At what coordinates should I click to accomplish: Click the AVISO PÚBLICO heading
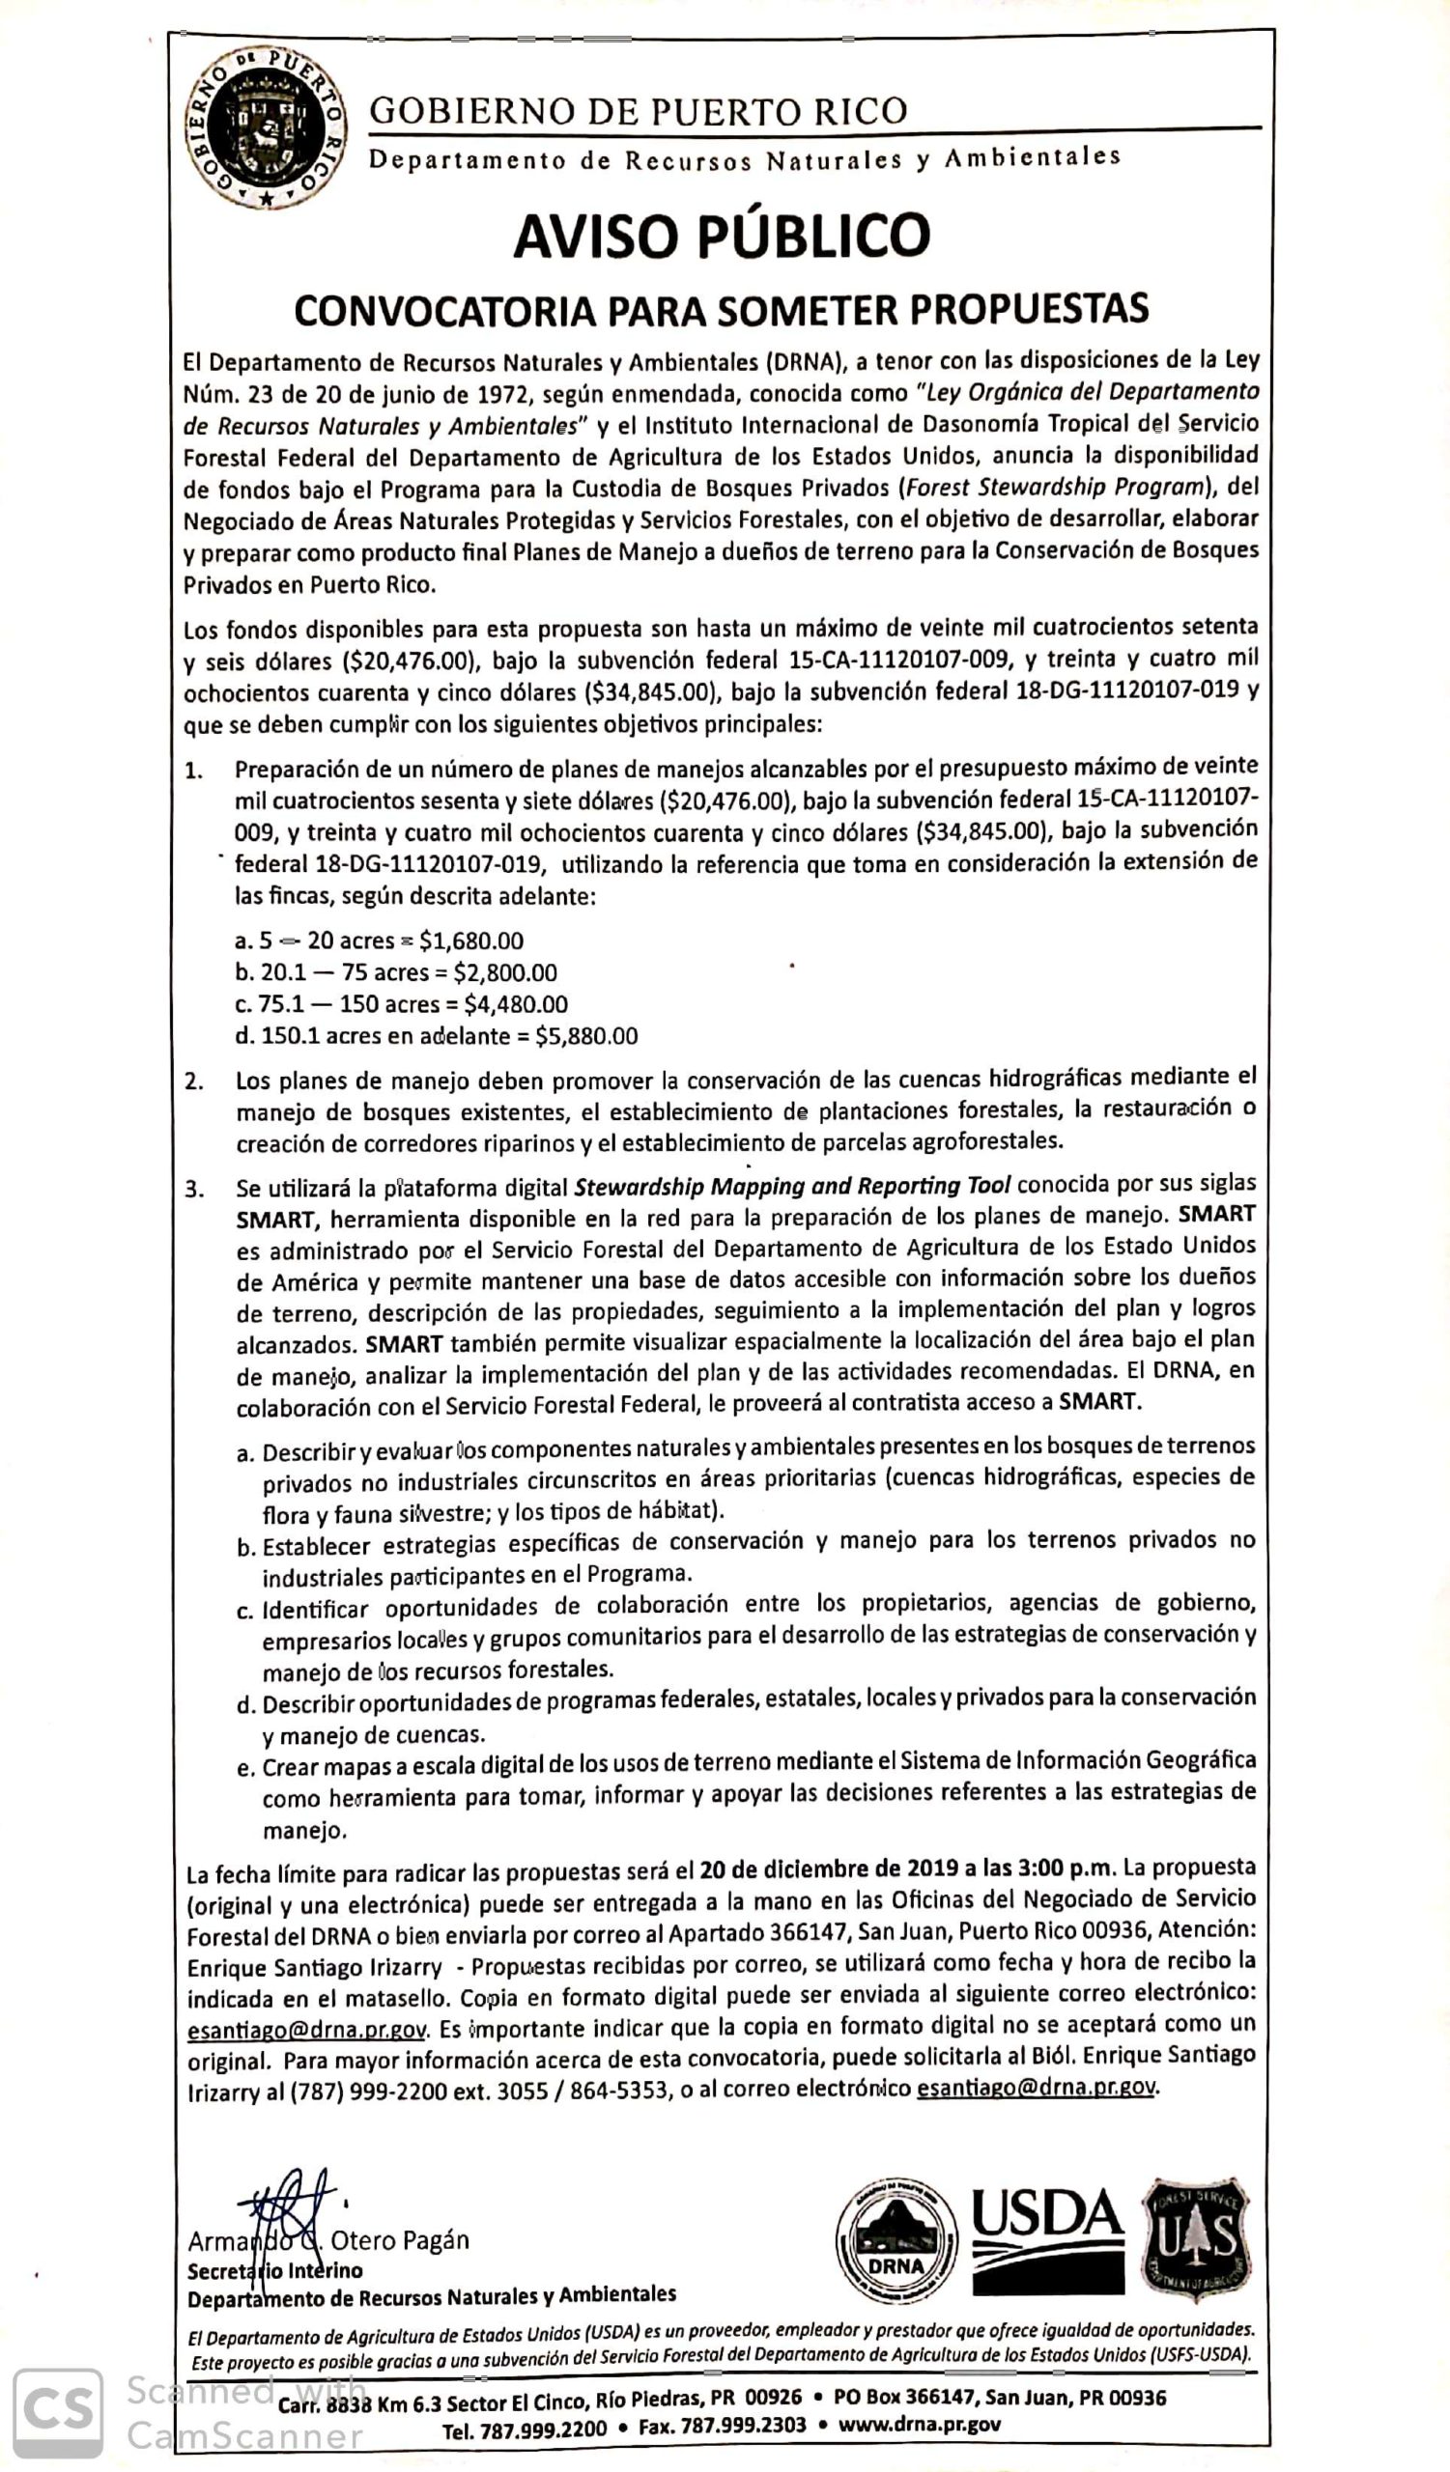pyautogui.click(x=721, y=237)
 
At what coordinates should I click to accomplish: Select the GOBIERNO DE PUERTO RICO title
pyautogui.click(x=639, y=111)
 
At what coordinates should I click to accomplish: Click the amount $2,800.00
pyautogui.click(x=505, y=973)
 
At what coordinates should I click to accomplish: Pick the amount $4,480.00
pyautogui.click(x=516, y=1004)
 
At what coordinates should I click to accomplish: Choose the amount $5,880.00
pyautogui.click(x=585, y=1036)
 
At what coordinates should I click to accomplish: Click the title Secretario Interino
pyautogui.click(x=274, y=2271)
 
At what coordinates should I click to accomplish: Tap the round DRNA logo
pyautogui.click(x=896, y=2241)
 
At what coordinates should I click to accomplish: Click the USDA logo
pyautogui.click(x=1048, y=2240)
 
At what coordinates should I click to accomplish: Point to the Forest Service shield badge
pyautogui.click(x=1196, y=2240)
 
